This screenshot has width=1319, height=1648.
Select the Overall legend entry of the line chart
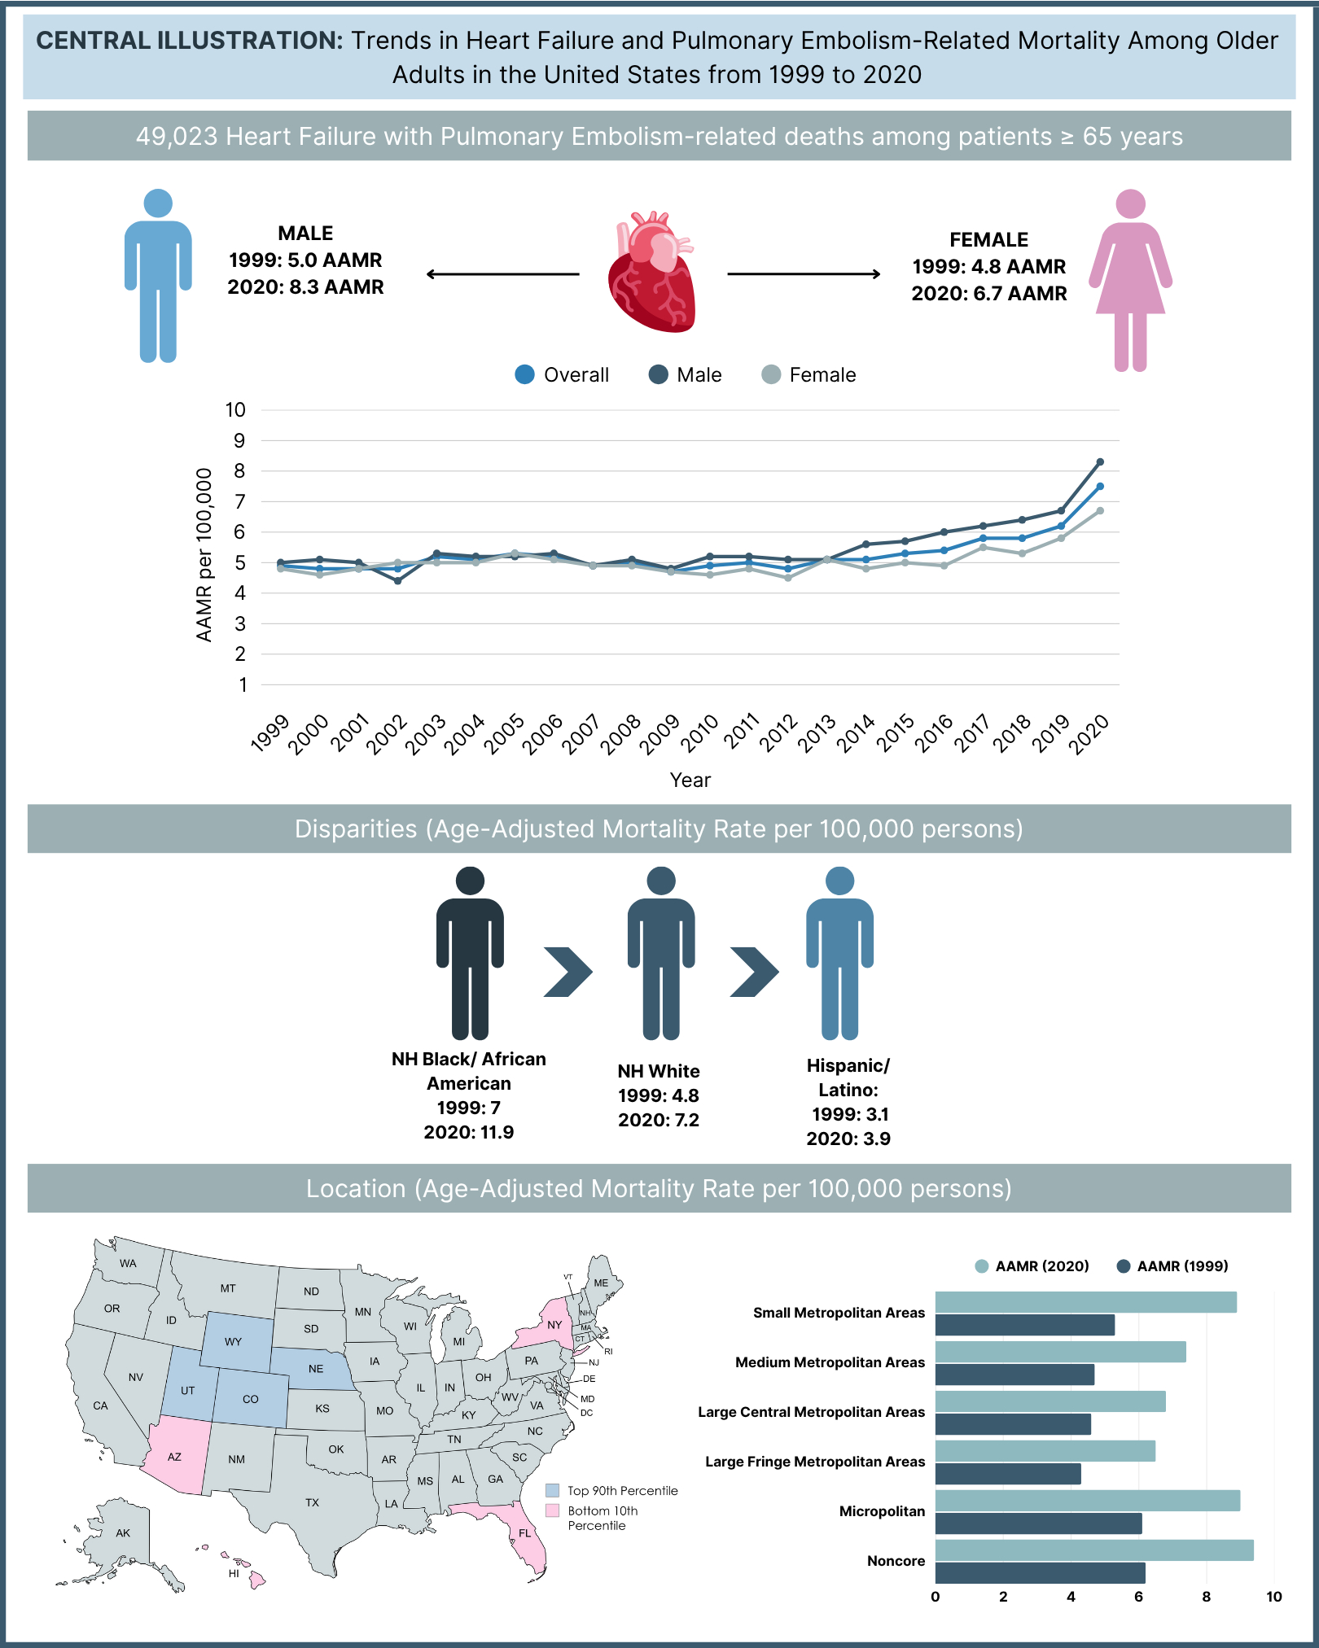(x=562, y=375)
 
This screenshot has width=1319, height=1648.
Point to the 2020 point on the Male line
(x=1100, y=462)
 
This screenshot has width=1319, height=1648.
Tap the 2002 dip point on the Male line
(x=397, y=581)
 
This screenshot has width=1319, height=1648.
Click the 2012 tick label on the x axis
(x=779, y=732)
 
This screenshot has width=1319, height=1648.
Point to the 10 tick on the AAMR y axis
(x=235, y=410)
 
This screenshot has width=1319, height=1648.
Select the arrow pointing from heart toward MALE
(x=502, y=274)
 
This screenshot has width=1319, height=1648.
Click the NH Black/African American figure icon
(x=470, y=952)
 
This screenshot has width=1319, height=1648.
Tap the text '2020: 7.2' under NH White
(x=658, y=1120)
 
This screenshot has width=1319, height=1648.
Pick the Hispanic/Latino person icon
(x=839, y=952)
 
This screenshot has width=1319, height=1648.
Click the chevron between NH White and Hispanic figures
(x=754, y=972)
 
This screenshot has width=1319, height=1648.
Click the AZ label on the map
(x=174, y=1457)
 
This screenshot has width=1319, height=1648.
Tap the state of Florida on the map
(x=525, y=1533)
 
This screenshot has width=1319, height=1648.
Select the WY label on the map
(x=234, y=1342)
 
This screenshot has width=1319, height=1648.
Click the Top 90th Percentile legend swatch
(x=553, y=1491)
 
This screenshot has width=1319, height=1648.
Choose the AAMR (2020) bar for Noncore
(x=1093, y=1550)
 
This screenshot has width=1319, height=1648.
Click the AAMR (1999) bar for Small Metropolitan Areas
(x=1024, y=1325)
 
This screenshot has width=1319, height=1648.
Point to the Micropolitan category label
(x=882, y=1511)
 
